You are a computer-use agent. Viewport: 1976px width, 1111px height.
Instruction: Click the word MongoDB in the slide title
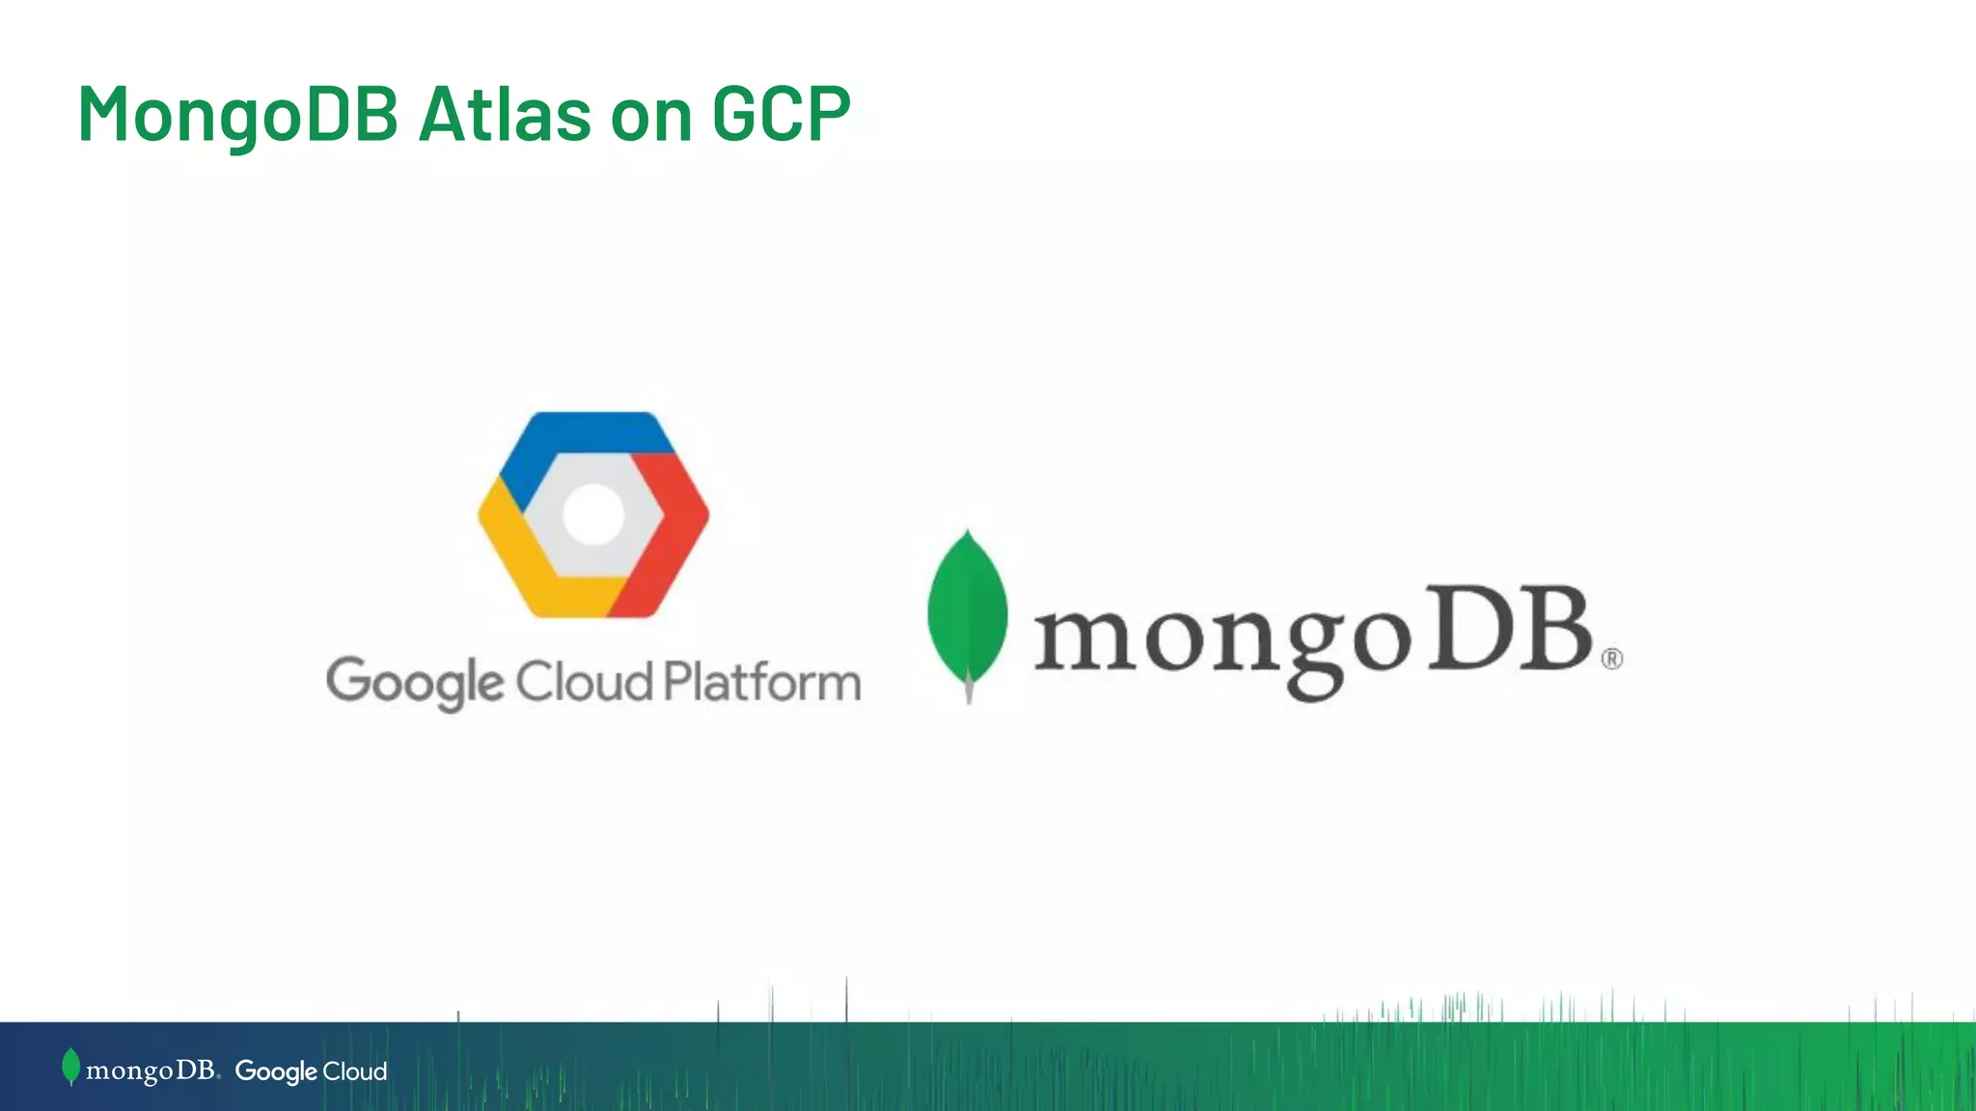click(x=237, y=115)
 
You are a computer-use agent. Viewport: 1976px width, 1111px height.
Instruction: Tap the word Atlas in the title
click(x=505, y=115)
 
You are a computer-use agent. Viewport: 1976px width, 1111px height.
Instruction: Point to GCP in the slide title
click(x=782, y=115)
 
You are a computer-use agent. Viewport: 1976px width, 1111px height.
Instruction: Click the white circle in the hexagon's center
click(x=593, y=514)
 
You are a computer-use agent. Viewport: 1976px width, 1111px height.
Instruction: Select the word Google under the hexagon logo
click(x=415, y=683)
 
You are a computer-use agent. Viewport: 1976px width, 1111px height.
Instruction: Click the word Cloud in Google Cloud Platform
click(x=585, y=682)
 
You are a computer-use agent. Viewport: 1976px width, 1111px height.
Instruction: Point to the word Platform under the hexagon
click(x=762, y=682)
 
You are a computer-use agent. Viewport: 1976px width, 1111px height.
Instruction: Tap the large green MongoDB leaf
click(x=967, y=608)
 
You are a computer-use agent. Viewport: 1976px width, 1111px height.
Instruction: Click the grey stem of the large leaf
click(x=969, y=691)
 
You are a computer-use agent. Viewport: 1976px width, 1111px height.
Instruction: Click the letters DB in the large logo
click(x=1510, y=629)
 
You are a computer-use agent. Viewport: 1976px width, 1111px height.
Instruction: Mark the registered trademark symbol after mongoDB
click(x=1612, y=659)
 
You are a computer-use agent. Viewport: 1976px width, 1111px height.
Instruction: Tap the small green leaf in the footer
click(x=70, y=1066)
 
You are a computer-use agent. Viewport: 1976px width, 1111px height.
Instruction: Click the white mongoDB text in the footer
click(x=151, y=1070)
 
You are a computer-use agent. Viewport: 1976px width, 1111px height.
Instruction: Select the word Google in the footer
click(x=276, y=1071)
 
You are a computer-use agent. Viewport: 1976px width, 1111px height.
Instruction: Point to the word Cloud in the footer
click(x=354, y=1070)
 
